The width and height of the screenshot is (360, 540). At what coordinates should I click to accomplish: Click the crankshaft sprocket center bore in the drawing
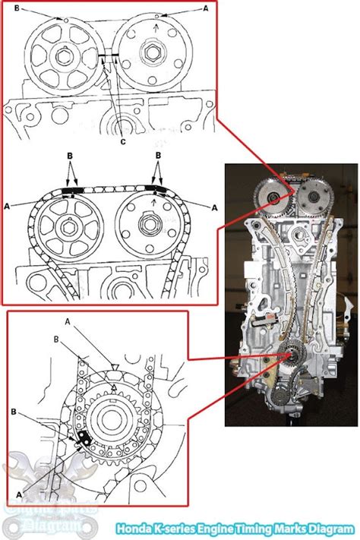coord(113,419)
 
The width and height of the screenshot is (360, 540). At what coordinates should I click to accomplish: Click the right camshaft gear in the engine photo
coord(311,199)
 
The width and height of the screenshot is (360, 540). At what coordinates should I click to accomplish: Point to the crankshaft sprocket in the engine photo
coord(289,355)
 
